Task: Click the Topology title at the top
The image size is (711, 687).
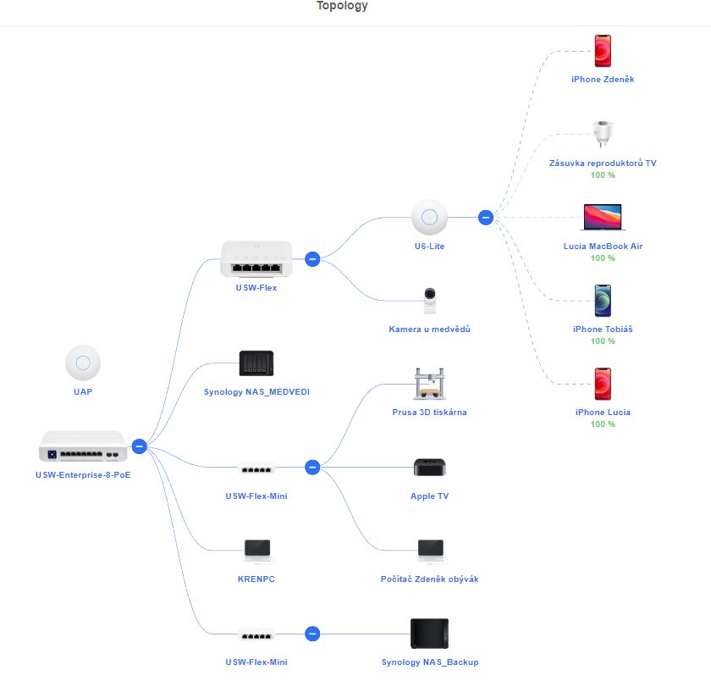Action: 342,6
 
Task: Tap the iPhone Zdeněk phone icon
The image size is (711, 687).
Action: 603,51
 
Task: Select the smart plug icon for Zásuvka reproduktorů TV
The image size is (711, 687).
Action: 603,134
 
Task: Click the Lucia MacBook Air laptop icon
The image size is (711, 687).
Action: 602,217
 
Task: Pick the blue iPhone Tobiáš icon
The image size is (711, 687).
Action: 603,301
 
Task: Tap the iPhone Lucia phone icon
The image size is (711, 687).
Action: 603,384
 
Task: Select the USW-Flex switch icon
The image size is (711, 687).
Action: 256,258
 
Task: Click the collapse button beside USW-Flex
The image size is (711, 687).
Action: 311,259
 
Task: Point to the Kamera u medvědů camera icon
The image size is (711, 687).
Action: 429,300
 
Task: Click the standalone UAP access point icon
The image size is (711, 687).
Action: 83,363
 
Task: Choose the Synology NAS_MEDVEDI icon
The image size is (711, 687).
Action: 256,363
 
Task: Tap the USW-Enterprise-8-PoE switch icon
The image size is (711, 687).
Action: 82,446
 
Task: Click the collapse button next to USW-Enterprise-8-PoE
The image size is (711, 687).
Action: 140,446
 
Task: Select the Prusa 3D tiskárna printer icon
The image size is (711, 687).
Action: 429,384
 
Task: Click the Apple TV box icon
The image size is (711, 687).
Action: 429,468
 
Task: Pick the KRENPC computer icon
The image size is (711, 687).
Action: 256,551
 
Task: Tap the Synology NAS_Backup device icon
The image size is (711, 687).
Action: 429,634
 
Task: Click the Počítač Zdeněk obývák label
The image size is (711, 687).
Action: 429,579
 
